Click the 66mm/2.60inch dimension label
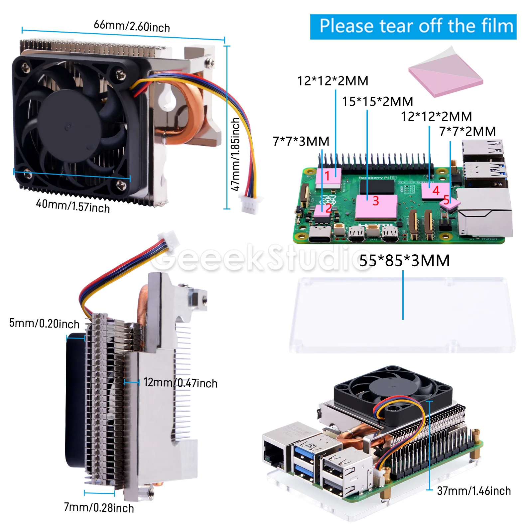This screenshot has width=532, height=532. point(132,26)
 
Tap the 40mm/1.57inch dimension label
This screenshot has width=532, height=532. point(73,205)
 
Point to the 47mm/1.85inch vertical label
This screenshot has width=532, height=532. point(235,154)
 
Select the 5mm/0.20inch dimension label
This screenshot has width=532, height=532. point(44,323)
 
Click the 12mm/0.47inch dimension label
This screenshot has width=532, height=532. point(181,383)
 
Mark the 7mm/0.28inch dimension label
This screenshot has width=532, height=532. point(99,508)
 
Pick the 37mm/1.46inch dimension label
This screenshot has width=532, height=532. point(474,491)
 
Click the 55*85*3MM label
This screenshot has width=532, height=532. point(404,261)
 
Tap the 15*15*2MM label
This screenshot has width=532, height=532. point(377,101)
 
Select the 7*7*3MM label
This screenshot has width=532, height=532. point(301,141)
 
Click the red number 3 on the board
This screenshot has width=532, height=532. point(376,201)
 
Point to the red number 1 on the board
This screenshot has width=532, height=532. point(327,176)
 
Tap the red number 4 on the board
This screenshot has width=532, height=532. point(436,191)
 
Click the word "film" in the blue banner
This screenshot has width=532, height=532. point(497,26)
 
